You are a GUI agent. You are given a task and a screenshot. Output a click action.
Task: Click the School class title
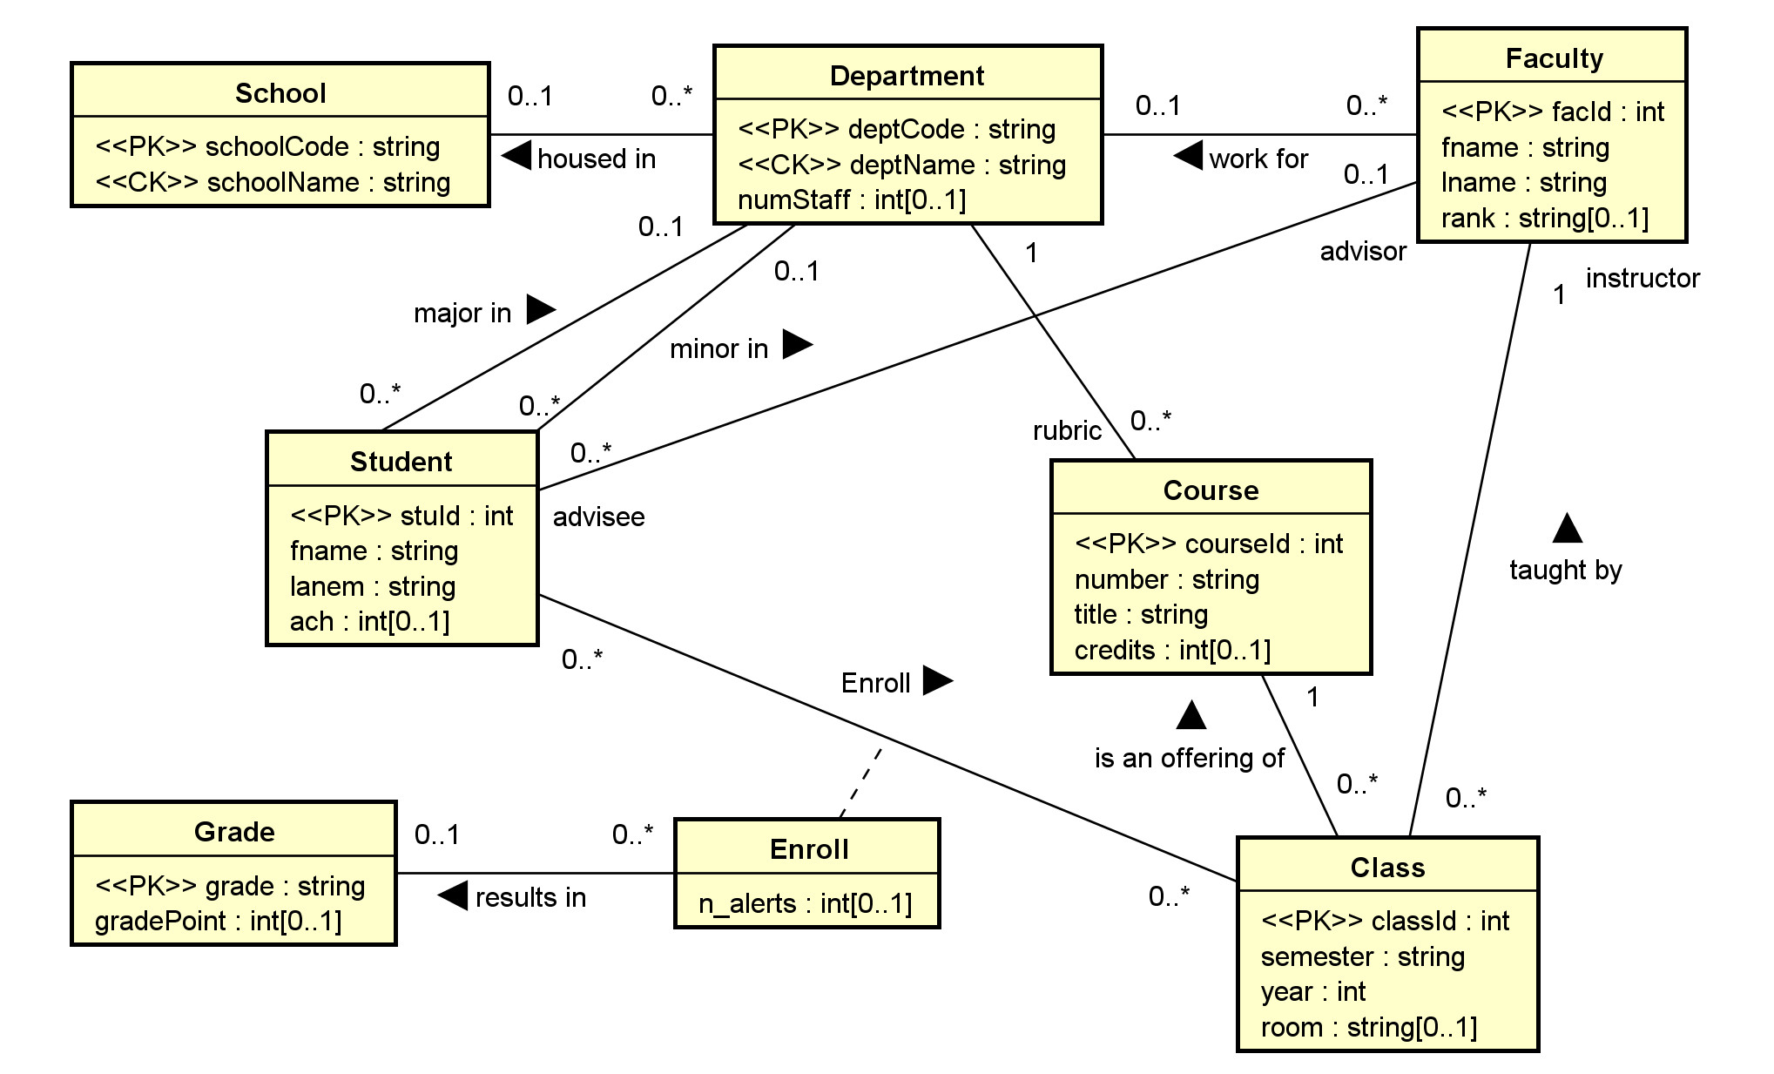280,93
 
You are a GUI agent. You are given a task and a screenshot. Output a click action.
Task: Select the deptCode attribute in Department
896,129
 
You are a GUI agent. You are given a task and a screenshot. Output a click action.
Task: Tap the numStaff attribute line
851,199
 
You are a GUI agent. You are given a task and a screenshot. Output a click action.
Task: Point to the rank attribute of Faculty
1544,218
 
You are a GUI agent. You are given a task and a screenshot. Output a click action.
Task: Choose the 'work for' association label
1258,159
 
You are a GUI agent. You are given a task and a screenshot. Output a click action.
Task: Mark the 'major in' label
462,313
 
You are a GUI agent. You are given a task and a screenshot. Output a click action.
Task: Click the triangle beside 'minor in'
796,344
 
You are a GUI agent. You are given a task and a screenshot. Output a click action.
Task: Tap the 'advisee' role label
598,517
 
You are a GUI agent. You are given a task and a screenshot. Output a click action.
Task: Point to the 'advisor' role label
1362,251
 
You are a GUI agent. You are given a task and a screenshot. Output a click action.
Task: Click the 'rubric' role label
1066,430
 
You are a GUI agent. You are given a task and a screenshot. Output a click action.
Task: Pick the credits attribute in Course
1171,650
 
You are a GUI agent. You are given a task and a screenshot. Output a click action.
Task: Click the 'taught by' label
1565,570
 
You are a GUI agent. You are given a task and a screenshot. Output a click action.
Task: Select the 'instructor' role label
1642,278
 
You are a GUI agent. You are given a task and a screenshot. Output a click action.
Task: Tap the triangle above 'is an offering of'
1191,715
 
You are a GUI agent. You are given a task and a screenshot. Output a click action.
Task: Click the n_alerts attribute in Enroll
805,903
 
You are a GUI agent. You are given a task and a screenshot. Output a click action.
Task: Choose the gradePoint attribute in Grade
218,921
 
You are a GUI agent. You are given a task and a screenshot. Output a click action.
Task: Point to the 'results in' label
530,897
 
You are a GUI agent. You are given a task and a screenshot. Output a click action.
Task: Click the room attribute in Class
1368,1027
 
